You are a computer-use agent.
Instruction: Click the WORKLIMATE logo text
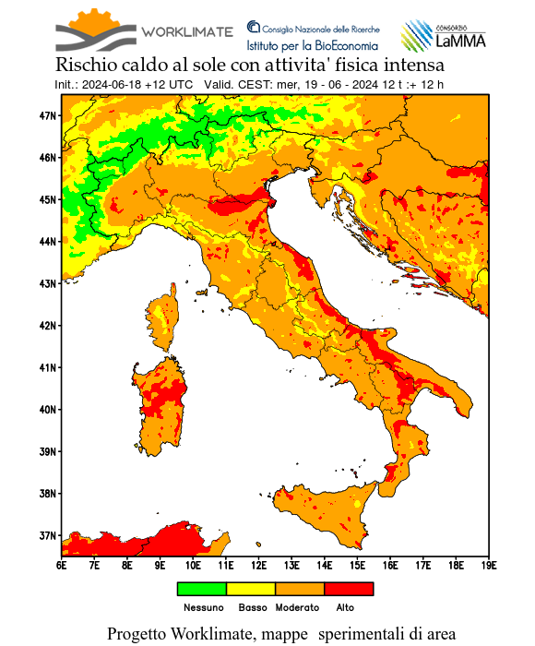pos(186,31)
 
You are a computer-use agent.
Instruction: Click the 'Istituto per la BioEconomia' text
pos(312,44)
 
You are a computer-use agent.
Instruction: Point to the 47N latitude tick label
pos(48,115)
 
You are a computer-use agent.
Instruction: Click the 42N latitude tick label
pos(48,325)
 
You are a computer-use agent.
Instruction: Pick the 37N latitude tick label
pos(48,535)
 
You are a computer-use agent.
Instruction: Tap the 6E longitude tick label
pos(61,563)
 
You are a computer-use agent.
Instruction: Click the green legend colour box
pos(201,588)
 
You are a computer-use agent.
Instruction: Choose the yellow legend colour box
pos(250,588)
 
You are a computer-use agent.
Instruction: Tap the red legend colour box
pos(349,588)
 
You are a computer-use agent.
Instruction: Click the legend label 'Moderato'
pos(297,607)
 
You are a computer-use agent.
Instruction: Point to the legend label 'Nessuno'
pos(203,607)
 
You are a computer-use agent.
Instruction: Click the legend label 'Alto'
pos(344,607)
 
